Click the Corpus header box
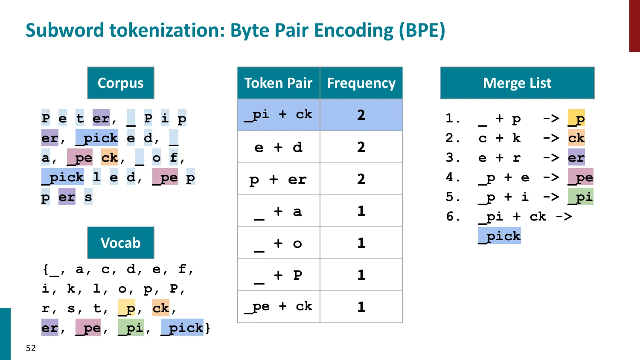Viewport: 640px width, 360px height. coord(121,83)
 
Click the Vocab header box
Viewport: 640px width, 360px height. coord(121,243)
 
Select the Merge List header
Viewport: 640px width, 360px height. coord(517,83)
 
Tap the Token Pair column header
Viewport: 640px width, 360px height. coord(278,83)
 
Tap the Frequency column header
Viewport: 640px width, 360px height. coord(361,83)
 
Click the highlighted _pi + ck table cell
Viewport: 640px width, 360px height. coord(278,115)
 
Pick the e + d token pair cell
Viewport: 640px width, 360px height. coord(278,147)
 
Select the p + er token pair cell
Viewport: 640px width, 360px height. coord(278,179)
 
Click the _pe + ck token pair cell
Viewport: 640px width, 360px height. coord(278,307)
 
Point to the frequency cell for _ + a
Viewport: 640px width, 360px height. coord(361,211)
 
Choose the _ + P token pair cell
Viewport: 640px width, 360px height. coord(278,275)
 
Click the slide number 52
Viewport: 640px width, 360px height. coord(31,348)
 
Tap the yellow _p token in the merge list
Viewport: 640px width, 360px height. coord(576,119)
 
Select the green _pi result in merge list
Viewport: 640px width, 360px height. coord(580,197)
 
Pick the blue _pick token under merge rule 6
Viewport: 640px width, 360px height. coord(499,236)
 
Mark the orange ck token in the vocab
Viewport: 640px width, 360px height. coord(161,308)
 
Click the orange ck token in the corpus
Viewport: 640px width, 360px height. coord(110,158)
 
